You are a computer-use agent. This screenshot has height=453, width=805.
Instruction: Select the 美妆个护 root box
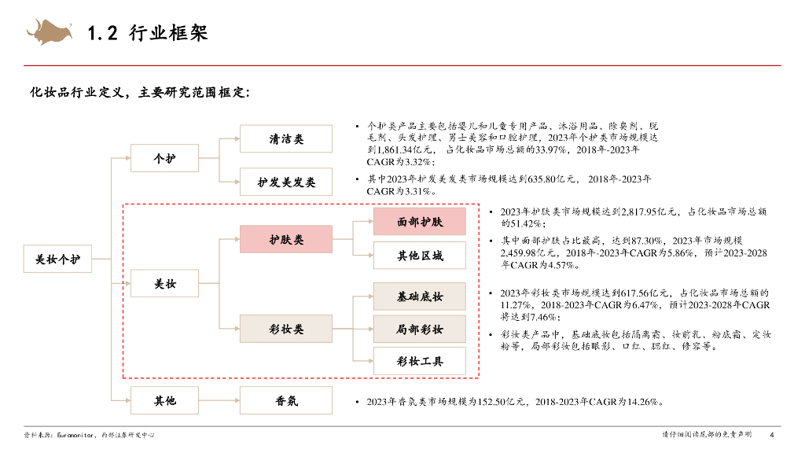58,260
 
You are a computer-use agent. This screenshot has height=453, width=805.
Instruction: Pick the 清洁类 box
286,139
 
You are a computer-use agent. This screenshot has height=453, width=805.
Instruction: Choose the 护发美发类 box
286,182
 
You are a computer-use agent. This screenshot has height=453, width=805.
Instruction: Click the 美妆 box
164,284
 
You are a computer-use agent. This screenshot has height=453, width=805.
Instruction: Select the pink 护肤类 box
286,239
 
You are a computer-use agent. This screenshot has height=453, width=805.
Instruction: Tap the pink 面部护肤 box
419,222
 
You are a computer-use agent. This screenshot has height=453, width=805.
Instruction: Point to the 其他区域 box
419,256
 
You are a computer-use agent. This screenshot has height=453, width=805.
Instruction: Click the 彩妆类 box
286,329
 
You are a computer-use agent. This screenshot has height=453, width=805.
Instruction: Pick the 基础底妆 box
419,296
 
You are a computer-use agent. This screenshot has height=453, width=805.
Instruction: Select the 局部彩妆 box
419,329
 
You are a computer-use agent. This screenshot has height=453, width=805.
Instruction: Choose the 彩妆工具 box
419,361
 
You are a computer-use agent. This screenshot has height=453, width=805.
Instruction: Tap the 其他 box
164,400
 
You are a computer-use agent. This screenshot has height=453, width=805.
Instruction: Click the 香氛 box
286,400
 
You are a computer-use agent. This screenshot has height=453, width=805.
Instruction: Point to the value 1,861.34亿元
404,149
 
